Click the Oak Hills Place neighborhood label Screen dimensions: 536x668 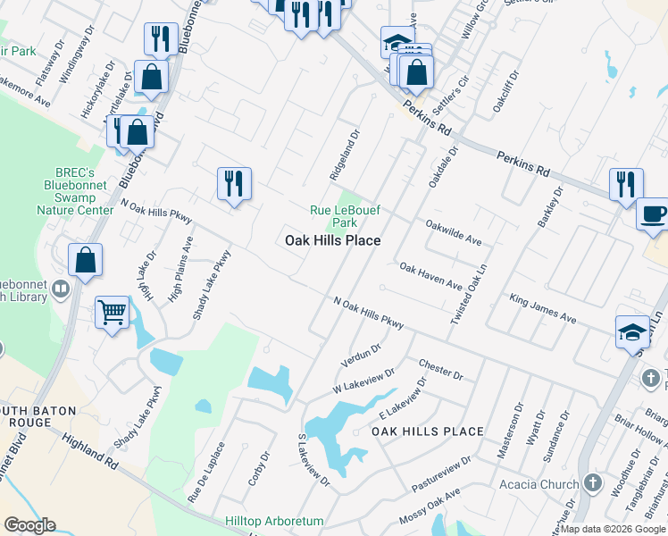[332, 240]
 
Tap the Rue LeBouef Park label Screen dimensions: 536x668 [332, 216]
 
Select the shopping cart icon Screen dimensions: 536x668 [112, 313]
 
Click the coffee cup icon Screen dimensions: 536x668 [654, 214]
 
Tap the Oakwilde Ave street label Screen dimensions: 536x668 [453, 233]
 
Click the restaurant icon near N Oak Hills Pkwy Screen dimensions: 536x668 [234, 184]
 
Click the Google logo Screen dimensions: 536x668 [30, 525]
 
